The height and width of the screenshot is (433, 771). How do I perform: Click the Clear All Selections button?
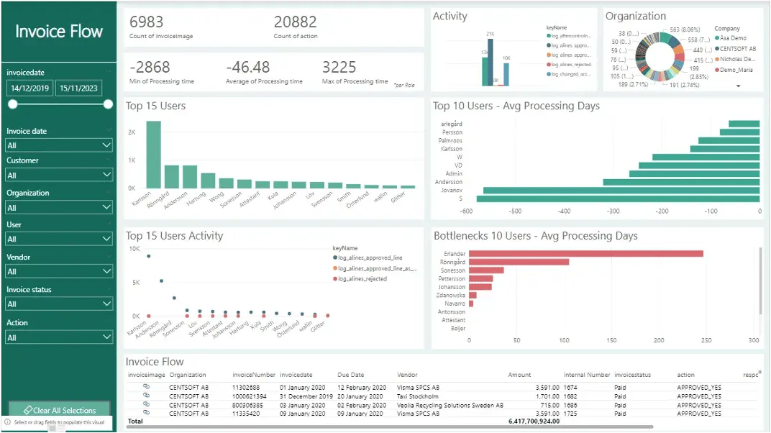click(x=59, y=410)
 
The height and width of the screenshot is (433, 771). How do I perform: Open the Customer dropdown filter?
click(x=59, y=175)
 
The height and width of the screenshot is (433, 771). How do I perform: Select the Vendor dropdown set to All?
click(x=59, y=271)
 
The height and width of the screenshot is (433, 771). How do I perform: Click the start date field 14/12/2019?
click(x=29, y=88)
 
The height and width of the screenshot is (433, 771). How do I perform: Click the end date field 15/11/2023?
click(x=78, y=88)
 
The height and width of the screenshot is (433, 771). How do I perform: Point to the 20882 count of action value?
click(x=295, y=22)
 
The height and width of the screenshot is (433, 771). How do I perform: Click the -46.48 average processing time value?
click(x=247, y=67)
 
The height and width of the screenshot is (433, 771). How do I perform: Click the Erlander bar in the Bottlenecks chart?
click(x=585, y=253)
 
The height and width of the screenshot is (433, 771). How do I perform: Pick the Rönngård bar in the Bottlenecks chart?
click(x=519, y=262)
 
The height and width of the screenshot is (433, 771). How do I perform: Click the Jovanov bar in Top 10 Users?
click(x=621, y=191)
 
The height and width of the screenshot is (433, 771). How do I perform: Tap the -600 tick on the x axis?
click(x=467, y=211)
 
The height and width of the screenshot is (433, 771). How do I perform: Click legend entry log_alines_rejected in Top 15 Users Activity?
click(x=362, y=278)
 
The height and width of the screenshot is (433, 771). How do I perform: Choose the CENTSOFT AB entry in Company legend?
click(x=736, y=48)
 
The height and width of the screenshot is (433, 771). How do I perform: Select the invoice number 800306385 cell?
click(x=249, y=405)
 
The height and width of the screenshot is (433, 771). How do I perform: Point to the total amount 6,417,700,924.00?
click(x=534, y=421)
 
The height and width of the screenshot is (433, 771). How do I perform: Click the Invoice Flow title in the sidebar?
click(x=59, y=32)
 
